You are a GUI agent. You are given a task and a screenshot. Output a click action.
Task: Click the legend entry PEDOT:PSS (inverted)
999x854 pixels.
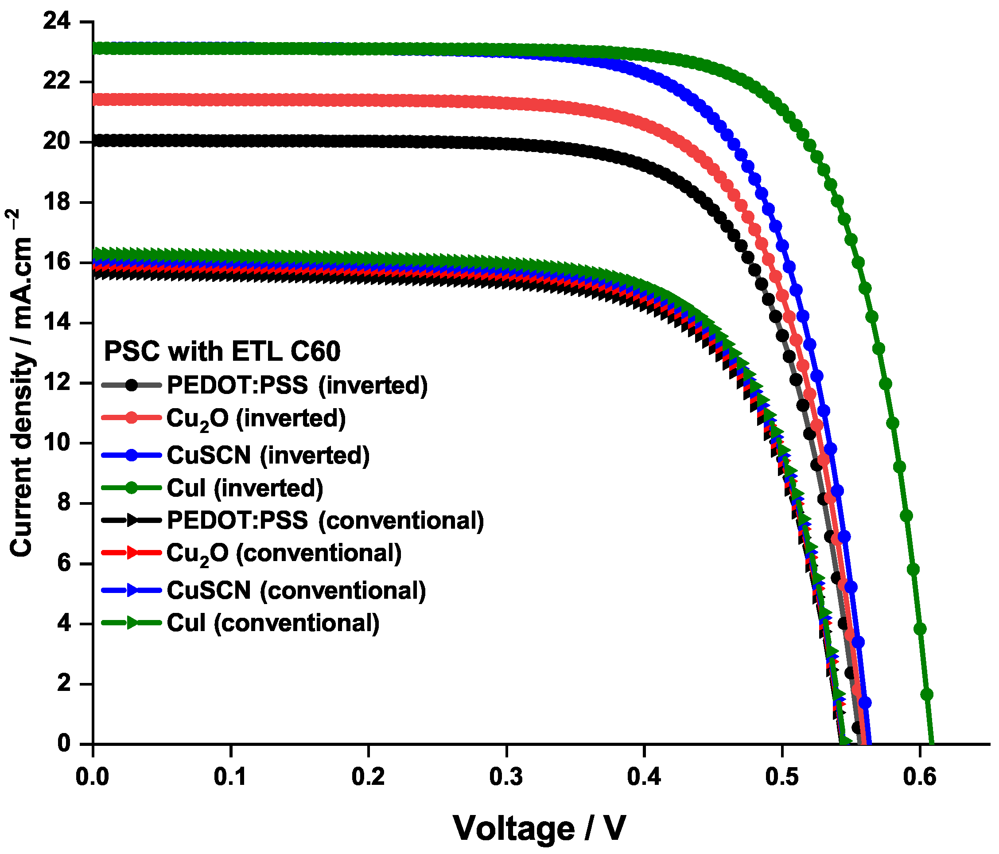297,385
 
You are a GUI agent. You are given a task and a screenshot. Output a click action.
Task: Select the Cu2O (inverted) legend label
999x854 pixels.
256,418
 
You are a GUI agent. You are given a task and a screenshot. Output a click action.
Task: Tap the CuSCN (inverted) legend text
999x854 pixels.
268,455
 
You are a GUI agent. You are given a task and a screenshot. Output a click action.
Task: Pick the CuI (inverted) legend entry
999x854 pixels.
245,488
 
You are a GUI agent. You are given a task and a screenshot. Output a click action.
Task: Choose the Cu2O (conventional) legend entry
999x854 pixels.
284,553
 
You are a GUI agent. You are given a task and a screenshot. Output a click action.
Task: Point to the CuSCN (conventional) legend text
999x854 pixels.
296,590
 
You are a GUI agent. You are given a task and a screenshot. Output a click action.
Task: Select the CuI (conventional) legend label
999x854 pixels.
273,623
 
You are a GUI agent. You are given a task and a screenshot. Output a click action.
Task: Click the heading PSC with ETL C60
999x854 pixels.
222,351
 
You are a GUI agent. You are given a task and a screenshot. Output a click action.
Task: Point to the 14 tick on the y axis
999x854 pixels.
56,323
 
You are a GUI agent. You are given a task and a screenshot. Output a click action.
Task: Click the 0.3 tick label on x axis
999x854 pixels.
506,778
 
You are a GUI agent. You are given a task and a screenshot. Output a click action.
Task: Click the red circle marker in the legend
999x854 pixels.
131,417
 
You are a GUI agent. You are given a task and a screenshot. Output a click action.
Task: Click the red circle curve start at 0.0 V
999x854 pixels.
94,100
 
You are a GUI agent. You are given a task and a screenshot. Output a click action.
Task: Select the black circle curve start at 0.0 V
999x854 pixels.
94,141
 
